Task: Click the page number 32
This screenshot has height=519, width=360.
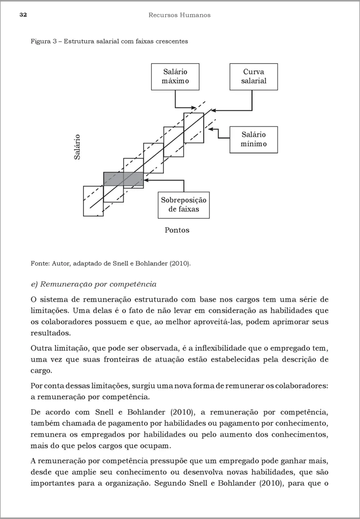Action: click(23, 15)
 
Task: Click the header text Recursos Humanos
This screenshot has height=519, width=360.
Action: click(179, 15)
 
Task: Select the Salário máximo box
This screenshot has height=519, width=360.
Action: click(175, 77)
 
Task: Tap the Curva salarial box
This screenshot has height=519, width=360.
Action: click(254, 77)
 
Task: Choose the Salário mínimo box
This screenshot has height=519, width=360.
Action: click(254, 139)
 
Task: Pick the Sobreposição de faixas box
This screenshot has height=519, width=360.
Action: click(184, 205)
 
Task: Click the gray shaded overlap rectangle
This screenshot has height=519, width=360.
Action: click(123, 179)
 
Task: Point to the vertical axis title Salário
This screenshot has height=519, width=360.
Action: click(77, 147)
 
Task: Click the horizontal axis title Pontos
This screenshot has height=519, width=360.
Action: click(177, 230)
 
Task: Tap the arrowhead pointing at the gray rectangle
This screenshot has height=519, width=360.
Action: click(146, 179)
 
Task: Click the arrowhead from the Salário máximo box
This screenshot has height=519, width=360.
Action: click(194, 107)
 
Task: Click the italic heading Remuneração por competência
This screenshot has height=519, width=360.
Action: click(93, 284)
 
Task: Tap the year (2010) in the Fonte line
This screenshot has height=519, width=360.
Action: click(181, 263)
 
